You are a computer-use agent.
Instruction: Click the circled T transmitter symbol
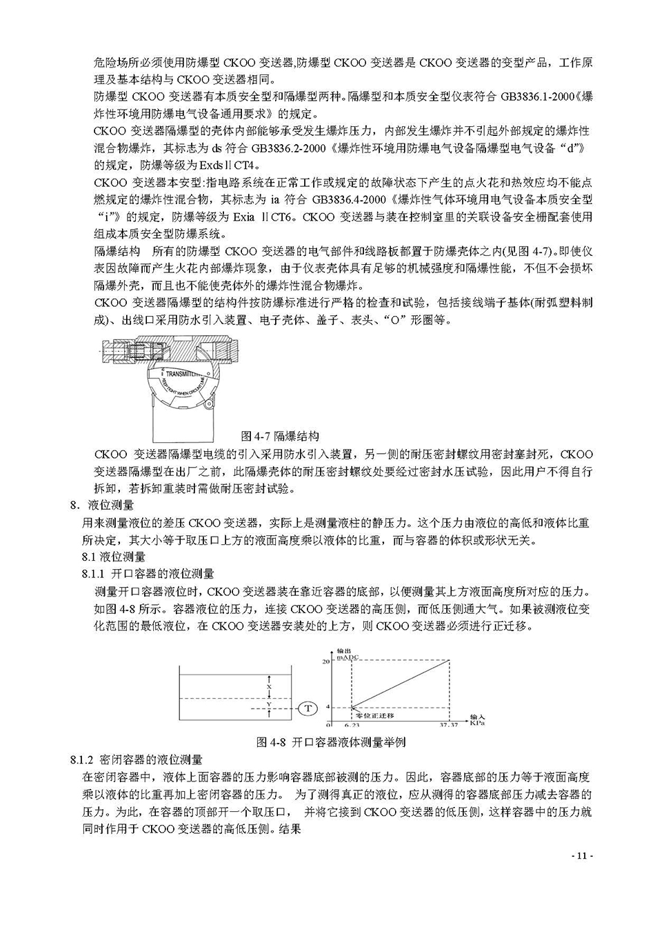[308, 708]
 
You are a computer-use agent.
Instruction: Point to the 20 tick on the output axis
[326, 661]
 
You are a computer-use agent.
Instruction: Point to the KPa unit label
[476, 724]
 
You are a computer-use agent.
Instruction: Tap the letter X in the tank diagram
[269, 687]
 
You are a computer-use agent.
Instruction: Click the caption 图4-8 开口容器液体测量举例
[330, 742]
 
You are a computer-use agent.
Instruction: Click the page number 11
[581, 856]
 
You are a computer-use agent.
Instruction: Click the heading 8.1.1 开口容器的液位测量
[148, 574]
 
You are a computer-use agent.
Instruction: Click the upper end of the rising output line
[450, 661]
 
